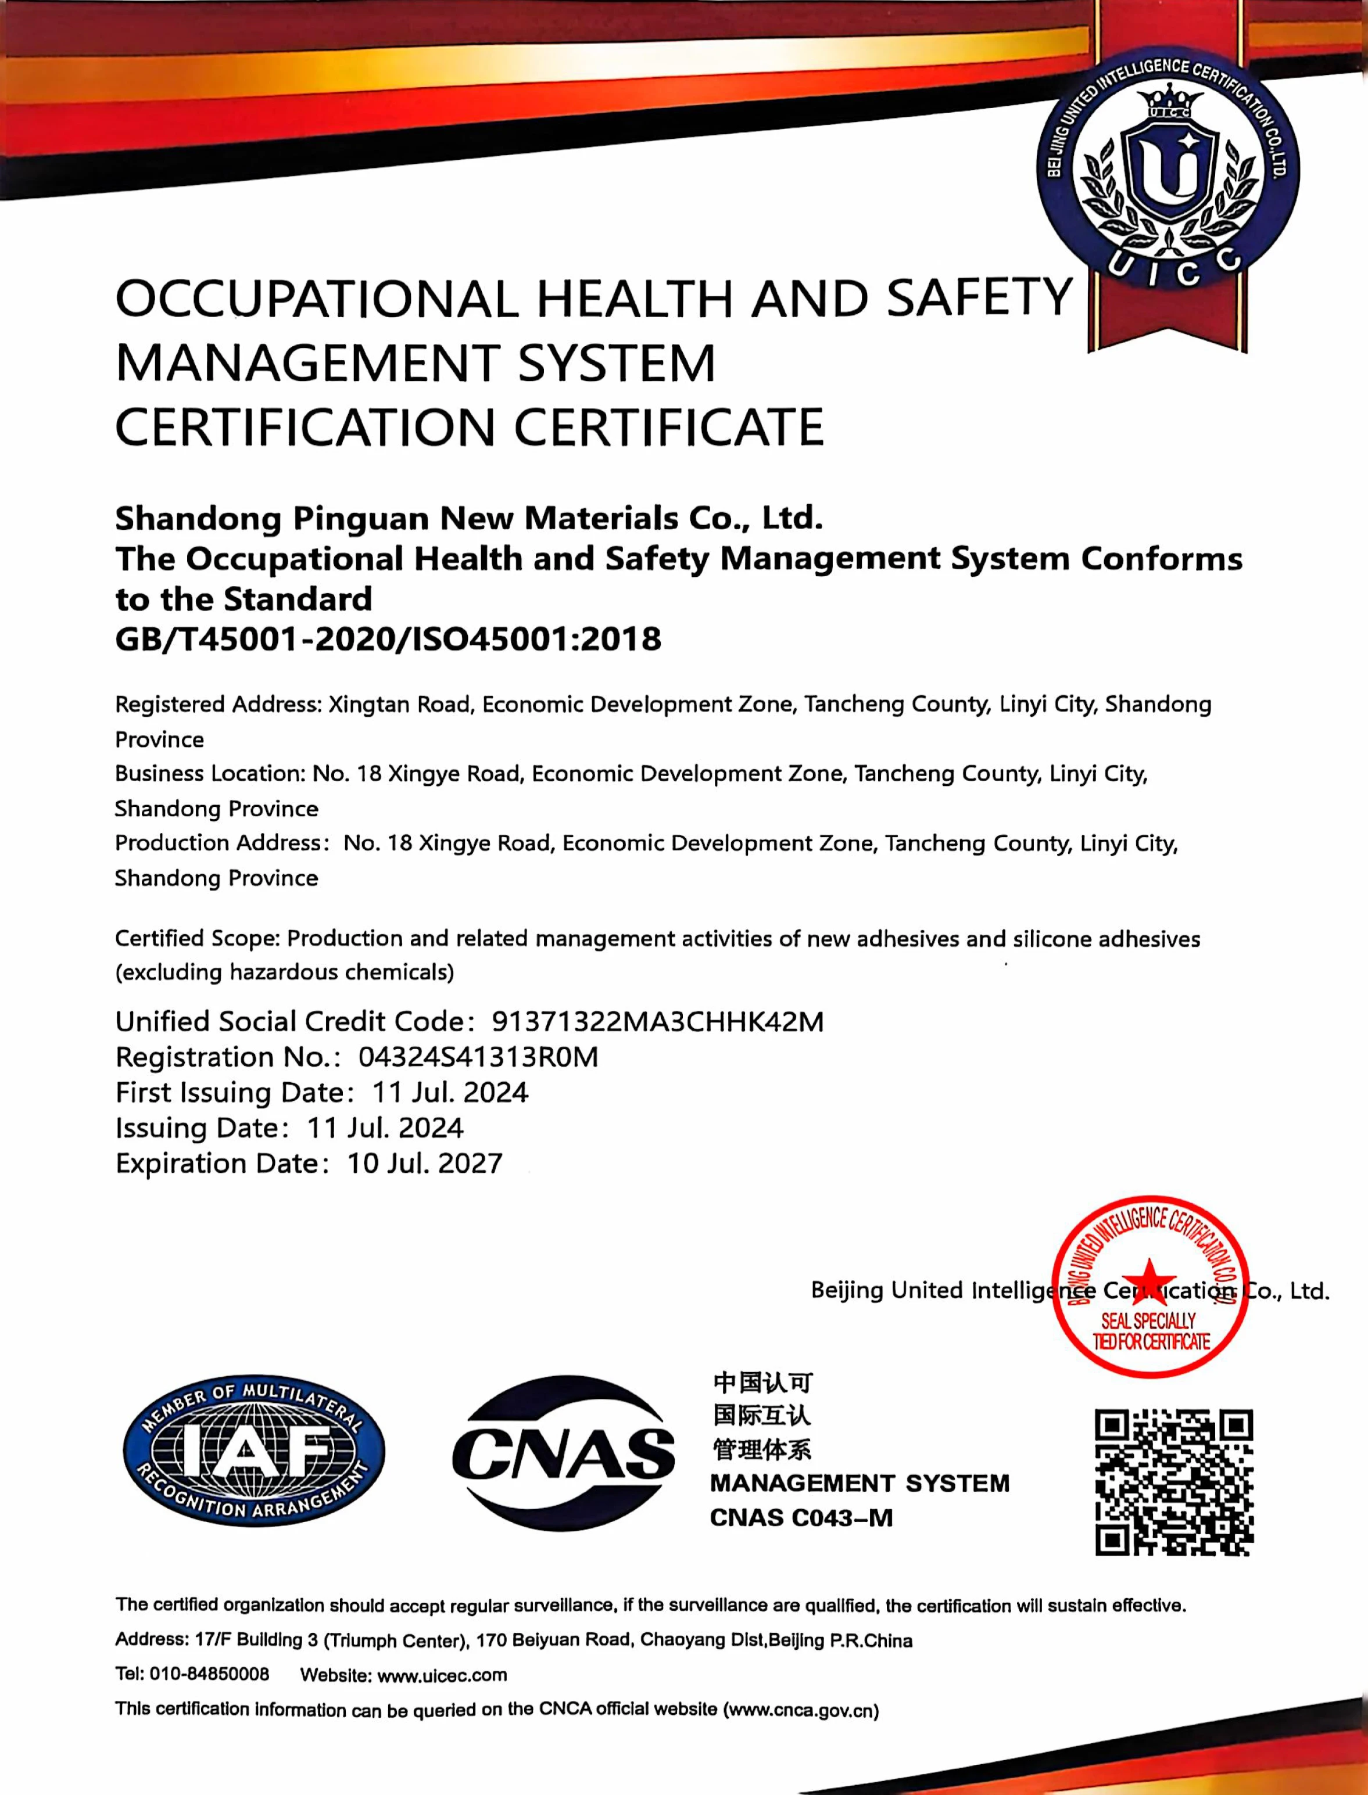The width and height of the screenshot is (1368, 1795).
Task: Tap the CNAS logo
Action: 564,1453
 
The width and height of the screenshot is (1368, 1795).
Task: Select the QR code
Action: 1173,1482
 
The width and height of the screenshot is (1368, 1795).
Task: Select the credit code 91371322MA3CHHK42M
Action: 657,1022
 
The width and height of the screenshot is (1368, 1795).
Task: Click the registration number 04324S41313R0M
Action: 478,1057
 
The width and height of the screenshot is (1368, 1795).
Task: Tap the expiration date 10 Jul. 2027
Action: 424,1164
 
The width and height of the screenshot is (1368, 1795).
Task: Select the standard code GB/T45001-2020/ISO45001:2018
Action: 388,639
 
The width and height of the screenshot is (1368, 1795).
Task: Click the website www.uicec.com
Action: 442,1675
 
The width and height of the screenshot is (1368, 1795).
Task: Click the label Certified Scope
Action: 197,939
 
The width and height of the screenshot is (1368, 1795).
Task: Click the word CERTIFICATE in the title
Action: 668,428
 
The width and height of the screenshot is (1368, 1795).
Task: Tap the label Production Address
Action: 219,843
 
